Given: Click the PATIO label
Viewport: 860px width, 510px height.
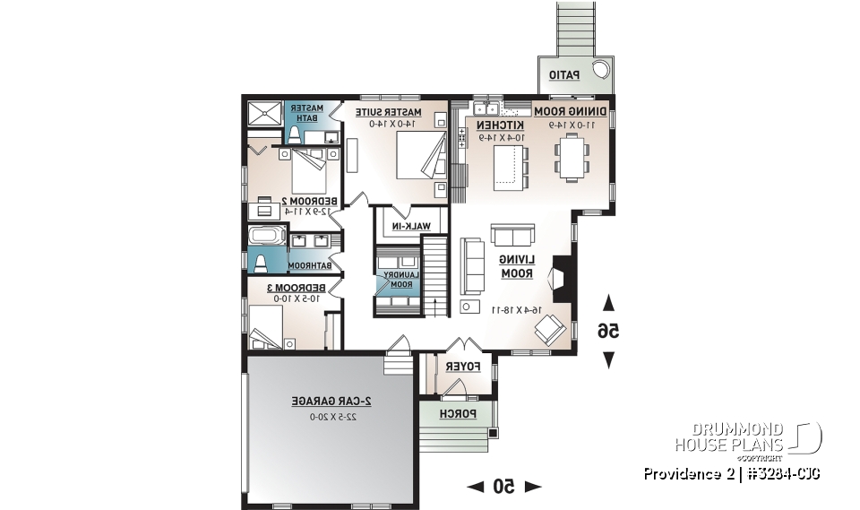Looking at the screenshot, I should click(564, 75).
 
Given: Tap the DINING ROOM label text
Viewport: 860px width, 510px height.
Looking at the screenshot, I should click(571, 111).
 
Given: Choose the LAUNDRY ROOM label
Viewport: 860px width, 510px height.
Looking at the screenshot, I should click(398, 279).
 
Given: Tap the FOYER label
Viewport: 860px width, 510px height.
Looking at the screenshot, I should click(464, 367).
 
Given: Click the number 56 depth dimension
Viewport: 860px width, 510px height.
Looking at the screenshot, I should click(608, 331).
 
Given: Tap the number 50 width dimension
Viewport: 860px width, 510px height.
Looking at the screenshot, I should click(504, 486).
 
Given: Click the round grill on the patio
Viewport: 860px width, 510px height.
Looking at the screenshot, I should click(602, 71).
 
